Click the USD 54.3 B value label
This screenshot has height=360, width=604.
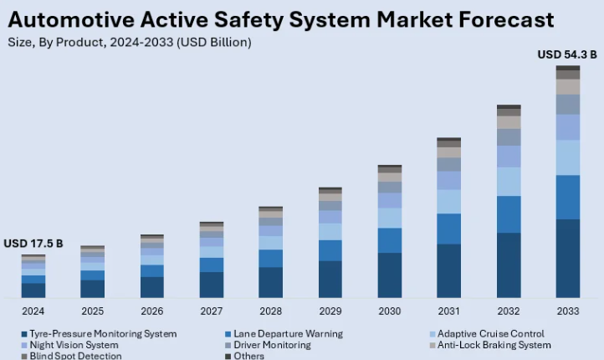[x=567, y=54]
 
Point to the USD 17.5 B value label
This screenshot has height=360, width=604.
[x=33, y=244]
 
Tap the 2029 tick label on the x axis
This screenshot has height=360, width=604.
[x=330, y=311]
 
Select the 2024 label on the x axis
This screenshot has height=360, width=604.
[x=33, y=311]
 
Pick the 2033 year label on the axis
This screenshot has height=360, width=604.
[x=568, y=311]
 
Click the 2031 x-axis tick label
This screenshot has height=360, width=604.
[x=448, y=311]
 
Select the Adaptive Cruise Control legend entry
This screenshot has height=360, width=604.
[x=490, y=333]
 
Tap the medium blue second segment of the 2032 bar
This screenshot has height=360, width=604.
[x=509, y=214]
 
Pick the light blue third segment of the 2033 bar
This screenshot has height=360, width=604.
[x=568, y=157]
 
